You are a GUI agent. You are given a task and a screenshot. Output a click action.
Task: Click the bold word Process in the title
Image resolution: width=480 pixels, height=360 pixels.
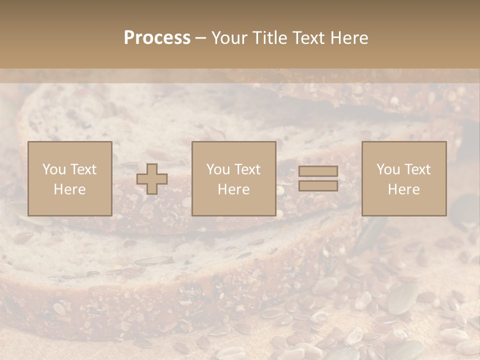157,38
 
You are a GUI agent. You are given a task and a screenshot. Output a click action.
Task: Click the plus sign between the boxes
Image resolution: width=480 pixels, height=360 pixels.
152,179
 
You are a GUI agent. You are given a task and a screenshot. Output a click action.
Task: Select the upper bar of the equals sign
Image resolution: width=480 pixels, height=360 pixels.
318,171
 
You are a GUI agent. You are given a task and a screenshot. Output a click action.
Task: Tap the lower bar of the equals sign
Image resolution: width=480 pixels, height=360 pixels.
318,185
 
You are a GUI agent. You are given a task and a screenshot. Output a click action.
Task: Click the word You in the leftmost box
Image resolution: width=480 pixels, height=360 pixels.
54,169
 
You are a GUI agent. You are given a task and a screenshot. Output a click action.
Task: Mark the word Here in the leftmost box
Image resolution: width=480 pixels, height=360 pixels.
69,189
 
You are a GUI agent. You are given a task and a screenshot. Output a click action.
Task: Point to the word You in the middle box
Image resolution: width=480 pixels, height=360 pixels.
218,169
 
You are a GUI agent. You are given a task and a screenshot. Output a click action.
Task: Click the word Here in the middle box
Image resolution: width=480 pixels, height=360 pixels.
233,189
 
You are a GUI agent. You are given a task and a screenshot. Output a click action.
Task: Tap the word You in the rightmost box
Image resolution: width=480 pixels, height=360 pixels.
388,169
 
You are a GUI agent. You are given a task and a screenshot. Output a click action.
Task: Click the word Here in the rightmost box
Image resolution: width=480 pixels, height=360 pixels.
403,189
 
